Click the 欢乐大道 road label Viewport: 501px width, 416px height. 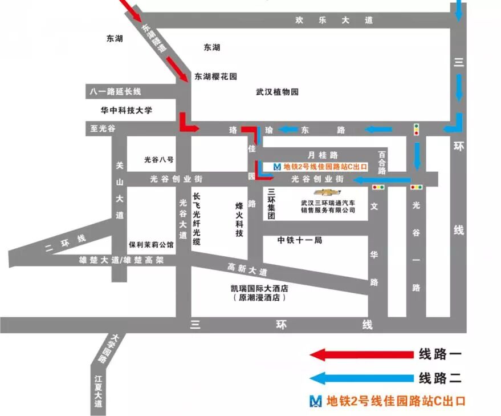[x=334, y=20]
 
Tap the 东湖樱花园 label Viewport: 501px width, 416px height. [x=215, y=76]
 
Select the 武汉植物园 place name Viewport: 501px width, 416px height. [x=277, y=92]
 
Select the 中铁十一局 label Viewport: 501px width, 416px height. [x=300, y=240]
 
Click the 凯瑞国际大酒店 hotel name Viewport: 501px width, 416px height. [x=256, y=289]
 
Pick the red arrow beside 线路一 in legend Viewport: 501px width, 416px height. [x=361, y=355]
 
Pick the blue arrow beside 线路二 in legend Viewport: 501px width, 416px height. [x=361, y=378]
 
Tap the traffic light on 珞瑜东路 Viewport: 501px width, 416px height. [x=417, y=130]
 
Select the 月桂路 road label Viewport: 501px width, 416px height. [x=323, y=155]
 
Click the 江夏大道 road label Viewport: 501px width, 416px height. [x=99, y=391]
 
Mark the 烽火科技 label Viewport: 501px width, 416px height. [x=239, y=219]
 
